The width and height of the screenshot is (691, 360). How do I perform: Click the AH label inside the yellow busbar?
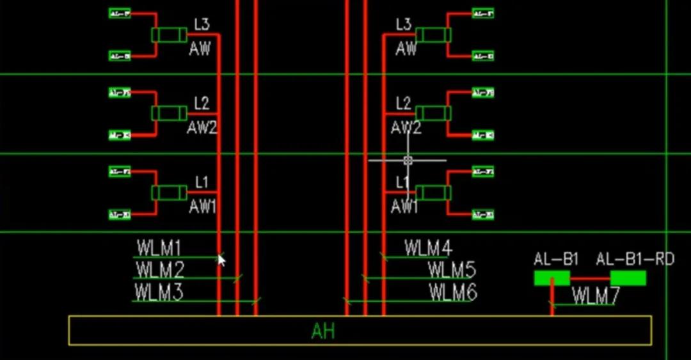point(323,331)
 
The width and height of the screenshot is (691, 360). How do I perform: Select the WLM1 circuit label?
point(159,247)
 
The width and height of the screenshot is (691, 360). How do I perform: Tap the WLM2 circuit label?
point(160,269)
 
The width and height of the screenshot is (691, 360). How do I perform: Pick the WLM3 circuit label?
point(159,292)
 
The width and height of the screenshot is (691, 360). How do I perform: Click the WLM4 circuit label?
point(428,247)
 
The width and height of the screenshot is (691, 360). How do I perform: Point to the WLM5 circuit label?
point(452,270)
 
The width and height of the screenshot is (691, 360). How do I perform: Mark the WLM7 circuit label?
point(596,295)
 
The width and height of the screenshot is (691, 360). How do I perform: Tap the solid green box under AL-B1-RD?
point(628,278)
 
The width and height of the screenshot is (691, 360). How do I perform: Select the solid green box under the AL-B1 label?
point(552,278)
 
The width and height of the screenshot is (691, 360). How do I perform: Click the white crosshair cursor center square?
point(408,160)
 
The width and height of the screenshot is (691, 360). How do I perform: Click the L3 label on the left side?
point(202,25)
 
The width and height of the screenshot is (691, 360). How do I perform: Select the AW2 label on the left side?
point(202,128)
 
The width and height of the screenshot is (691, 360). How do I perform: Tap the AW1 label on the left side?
point(202,207)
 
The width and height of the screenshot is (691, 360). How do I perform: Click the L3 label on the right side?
point(404,25)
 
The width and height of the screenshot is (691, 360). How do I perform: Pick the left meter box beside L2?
point(169,113)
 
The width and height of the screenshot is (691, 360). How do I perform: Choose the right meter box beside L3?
point(433,35)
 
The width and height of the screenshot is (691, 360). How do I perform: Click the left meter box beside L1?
point(169,192)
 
